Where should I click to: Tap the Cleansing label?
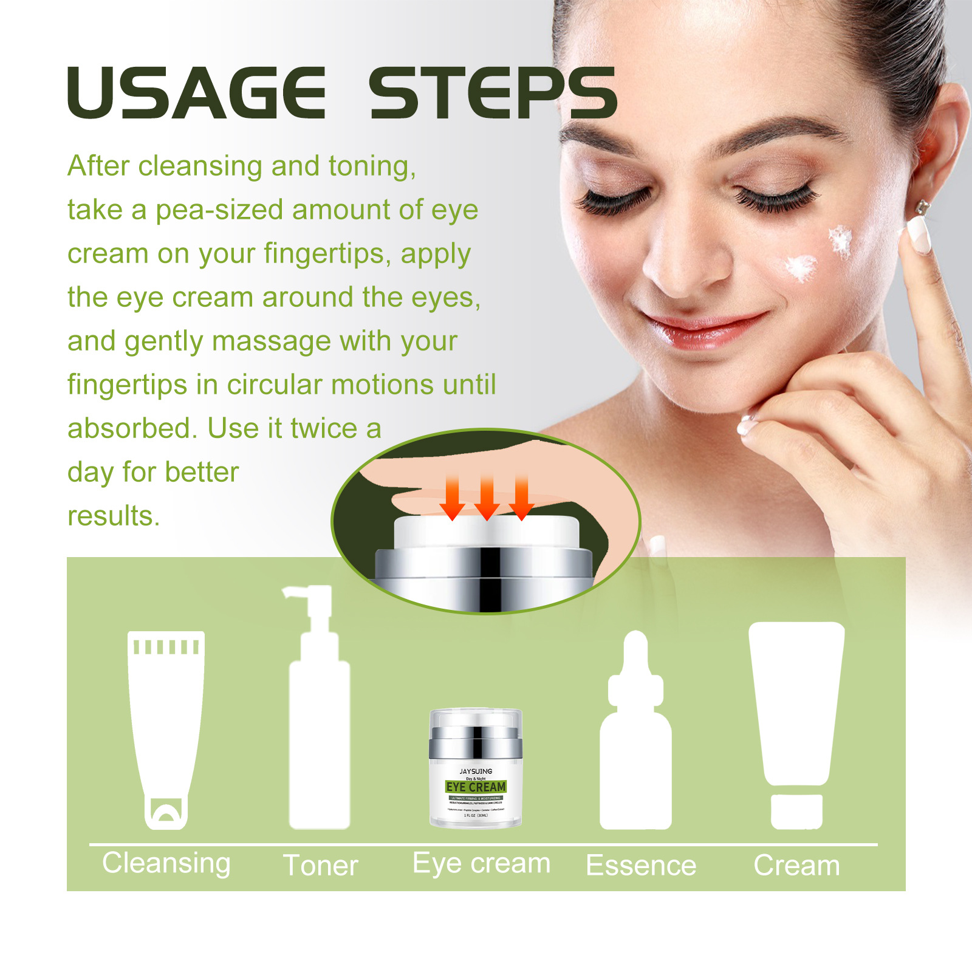[x=166, y=863]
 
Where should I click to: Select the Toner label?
[x=321, y=865]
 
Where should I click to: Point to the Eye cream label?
[x=481, y=863]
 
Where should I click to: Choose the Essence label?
[x=641, y=865]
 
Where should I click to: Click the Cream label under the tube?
[x=796, y=865]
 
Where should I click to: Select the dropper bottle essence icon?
[x=635, y=741]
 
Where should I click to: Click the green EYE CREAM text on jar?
[x=476, y=787]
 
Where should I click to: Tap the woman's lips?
[x=705, y=328]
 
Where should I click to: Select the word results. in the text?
[x=114, y=516]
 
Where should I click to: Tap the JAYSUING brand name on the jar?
[x=476, y=771]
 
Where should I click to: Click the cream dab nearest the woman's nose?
[x=801, y=267]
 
